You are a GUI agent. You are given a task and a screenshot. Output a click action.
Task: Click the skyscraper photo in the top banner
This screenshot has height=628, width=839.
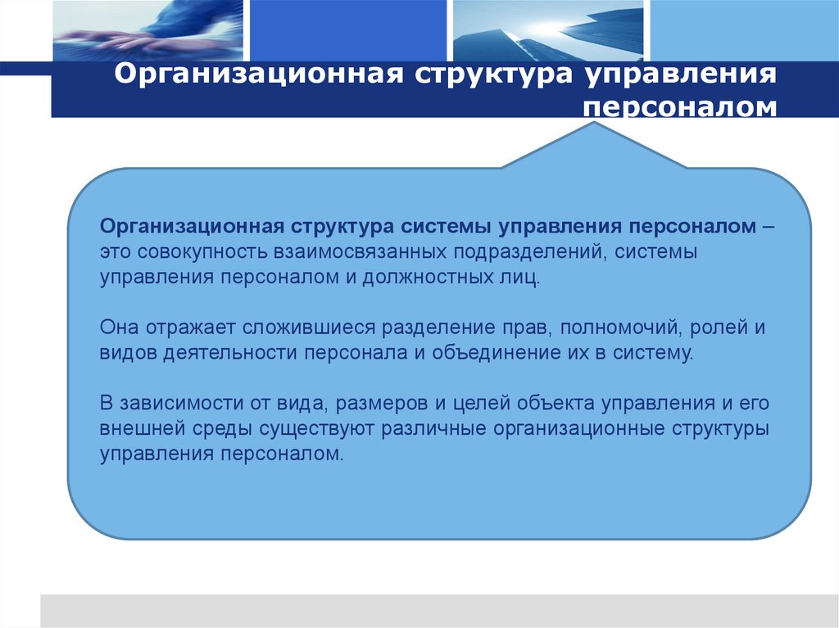pos(549,31)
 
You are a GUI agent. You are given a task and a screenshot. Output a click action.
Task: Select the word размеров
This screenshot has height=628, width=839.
pos(383,404)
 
